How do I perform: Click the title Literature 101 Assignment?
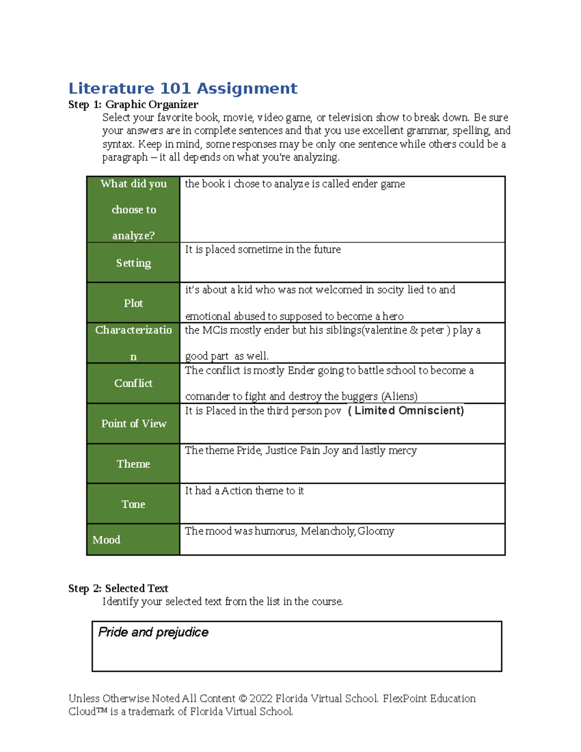pos(183,89)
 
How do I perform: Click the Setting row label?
pos(133,263)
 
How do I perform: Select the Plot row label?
pos(133,303)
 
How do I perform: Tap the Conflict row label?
pos(133,383)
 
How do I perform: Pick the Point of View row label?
pos(134,423)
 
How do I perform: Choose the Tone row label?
pos(133,504)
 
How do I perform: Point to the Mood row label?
pos(107,539)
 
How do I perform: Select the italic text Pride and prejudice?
pos(153,632)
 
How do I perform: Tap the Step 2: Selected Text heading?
pos(118,588)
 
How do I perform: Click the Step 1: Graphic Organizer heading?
pos(133,105)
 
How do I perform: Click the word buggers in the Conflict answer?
pos(359,397)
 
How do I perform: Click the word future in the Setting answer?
pos(327,249)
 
